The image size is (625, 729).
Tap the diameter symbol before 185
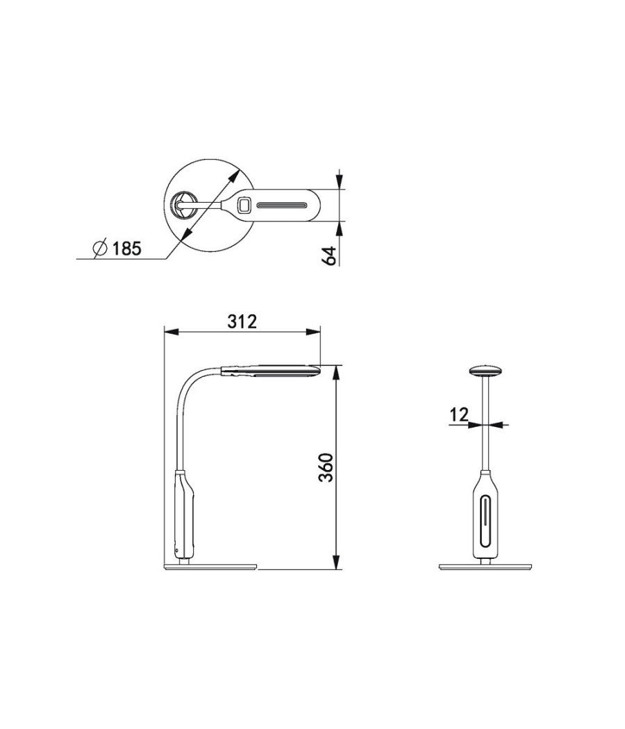tap(99, 247)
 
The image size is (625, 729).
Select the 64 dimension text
tap(330, 255)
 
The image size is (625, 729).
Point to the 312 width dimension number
tap(242, 321)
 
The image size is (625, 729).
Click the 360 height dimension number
tap(328, 468)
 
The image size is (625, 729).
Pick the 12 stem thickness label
tap(459, 414)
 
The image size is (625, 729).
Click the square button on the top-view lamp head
tap(244, 205)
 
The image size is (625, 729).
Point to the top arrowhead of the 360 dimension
tap(337, 371)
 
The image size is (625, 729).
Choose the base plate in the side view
tap(211, 568)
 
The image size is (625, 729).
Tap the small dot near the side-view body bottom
tap(177, 550)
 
